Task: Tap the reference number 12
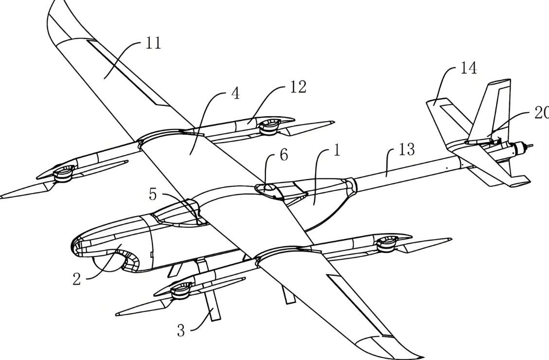(298, 88)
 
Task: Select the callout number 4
(235, 94)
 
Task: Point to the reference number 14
(469, 69)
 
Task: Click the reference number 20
(540, 113)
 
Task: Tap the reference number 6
(284, 156)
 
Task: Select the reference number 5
(154, 195)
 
